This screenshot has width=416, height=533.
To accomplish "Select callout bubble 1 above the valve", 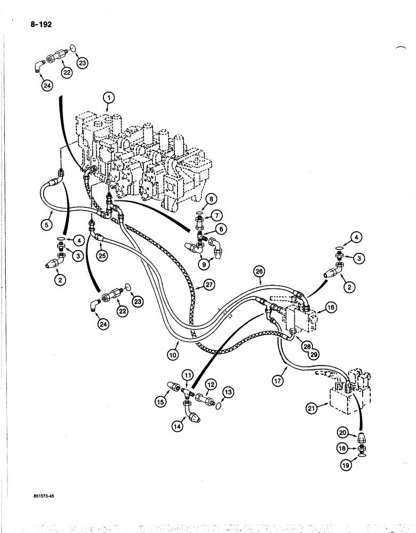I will pos(108,98).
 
